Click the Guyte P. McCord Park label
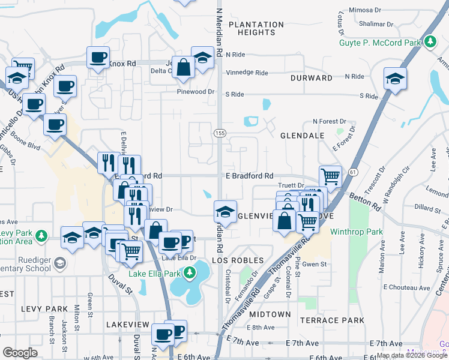click(x=387, y=43)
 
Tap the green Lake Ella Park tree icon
click(x=190, y=274)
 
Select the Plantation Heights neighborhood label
click(x=256, y=29)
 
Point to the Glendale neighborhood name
click(x=302, y=136)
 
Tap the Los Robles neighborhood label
click(x=238, y=260)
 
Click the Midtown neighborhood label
click(x=270, y=314)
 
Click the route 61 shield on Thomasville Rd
click(x=352, y=172)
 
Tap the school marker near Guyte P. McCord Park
click(x=395, y=78)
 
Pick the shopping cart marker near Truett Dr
click(x=330, y=176)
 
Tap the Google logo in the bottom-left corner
click(x=20, y=353)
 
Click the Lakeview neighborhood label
click(x=127, y=324)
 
